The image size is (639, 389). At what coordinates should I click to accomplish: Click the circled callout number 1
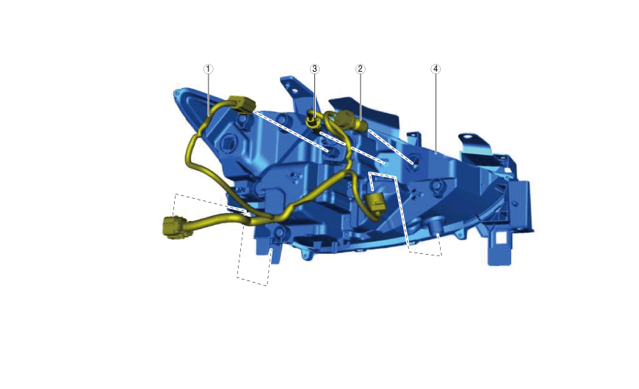point(209,69)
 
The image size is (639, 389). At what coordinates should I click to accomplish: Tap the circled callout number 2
point(360,69)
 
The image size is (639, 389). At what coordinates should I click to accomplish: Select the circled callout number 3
point(314,69)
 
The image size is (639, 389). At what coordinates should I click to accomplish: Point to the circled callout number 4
point(436,69)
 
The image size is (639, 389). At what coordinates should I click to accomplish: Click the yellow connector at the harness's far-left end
point(173,228)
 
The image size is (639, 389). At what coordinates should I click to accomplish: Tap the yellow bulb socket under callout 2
point(348,121)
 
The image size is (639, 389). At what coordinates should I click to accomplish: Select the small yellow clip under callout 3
point(312,121)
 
